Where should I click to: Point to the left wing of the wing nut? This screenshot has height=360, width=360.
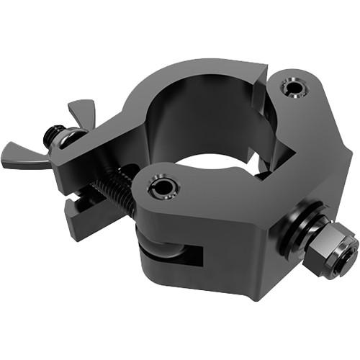point(22,155)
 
